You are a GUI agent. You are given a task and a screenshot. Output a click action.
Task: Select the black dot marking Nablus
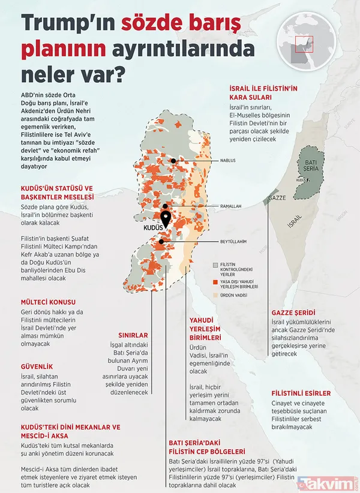174,160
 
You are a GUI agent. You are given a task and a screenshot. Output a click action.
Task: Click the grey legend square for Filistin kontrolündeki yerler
215,264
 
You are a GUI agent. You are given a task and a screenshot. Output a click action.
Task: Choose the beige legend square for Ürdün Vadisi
215,294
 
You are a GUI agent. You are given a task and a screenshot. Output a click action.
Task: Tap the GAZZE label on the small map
277,197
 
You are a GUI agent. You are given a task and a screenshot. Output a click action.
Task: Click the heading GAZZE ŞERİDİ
293,313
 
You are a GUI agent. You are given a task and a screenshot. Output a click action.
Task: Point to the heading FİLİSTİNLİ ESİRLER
301,393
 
